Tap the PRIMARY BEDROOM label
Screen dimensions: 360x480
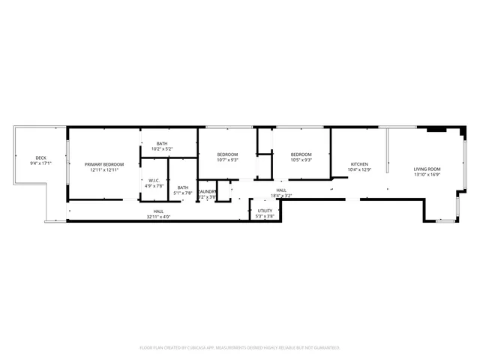point(103,164)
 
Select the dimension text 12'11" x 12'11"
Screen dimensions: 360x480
point(103,169)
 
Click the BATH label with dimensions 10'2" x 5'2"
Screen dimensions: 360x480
point(162,143)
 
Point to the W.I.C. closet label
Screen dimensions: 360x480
point(154,181)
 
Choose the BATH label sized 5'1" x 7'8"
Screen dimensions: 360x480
point(183,187)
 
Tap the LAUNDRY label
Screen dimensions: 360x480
point(207,191)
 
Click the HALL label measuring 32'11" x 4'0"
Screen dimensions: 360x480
point(158,211)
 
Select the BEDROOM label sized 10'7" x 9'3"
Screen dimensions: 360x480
point(227,154)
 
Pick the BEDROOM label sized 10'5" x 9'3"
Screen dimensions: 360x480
point(301,154)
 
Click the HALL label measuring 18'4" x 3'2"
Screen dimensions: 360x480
point(281,190)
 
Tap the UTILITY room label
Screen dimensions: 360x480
point(265,211)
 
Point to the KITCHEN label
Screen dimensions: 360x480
point(360,164)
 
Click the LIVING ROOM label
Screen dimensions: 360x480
point(427,169)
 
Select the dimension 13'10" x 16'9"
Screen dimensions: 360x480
point(427,174)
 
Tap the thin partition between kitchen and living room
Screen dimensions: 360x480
point(388,150)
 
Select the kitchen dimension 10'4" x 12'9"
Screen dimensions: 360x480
point(360,169)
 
